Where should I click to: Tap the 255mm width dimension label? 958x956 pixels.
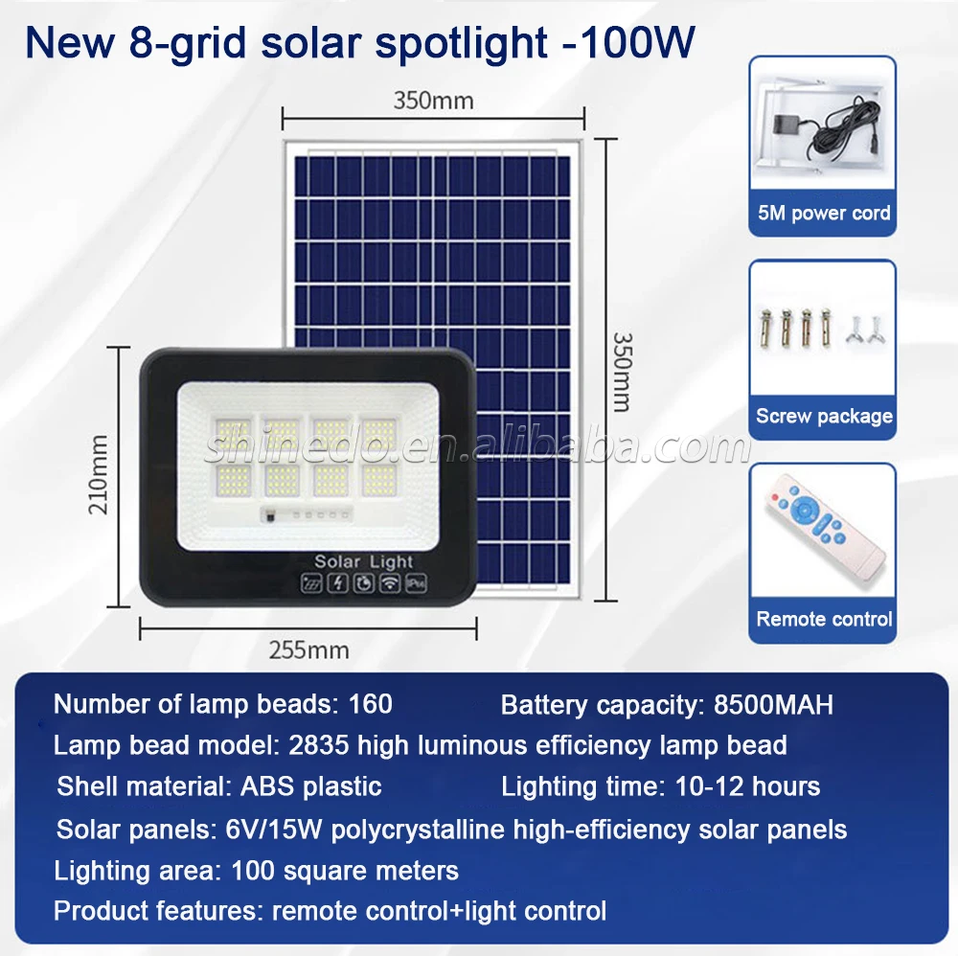(x=309, y=650)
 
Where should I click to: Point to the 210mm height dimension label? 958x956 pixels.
(x=99, y=474)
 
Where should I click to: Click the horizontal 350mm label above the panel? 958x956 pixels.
(x=433, y=101)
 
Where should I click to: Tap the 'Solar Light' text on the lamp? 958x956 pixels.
(x=363, y=561)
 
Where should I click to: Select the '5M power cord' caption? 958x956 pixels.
(x=824, y=214)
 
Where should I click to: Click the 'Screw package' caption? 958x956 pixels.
(x=824, y=416)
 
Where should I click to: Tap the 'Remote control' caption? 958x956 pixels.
(x=824, y=619)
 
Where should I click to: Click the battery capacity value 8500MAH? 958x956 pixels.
(x=773, y=704)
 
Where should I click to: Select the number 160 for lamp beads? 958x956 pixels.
(x=370, y=704)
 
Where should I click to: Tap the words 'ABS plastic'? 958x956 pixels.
(x=311, y=786)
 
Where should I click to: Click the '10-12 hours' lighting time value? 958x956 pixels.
(x=747, y=786)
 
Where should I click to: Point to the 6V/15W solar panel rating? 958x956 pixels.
(x=274, y=830)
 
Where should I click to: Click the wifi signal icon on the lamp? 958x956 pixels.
(x=389, y=583)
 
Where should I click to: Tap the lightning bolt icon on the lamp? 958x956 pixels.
(x=338, y=583)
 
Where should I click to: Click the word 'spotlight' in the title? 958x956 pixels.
(x=462, y=44)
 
